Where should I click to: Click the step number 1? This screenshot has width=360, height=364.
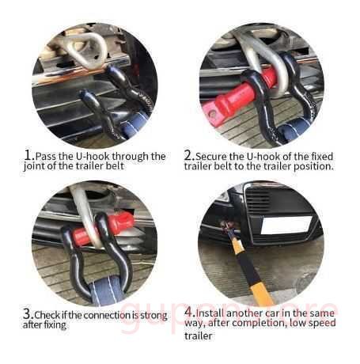(x=28, y=155)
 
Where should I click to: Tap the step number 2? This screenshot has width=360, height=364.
(x=188, y=155)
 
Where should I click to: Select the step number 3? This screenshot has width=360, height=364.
(x=28, y=314)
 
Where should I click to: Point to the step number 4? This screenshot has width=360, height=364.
(x=189, y=312)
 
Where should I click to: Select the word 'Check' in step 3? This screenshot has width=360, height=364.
(x=47, y=315)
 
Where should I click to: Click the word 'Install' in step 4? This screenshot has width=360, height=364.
(x=210, y=313)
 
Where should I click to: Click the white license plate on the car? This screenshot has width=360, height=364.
(x=286, y=225)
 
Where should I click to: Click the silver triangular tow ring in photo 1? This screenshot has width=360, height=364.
(x=87, y=50)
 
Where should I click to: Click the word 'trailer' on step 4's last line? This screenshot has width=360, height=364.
(x=198, y=336)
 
